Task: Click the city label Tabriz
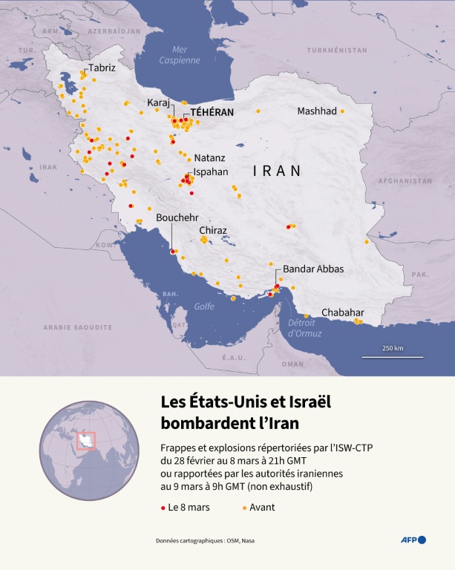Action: point(102,68)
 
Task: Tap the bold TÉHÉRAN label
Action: point(212,113)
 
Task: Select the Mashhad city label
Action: point(317,111)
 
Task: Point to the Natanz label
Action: point(209,159)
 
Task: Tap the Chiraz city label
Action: point(213,231)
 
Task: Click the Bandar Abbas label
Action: point(313,269)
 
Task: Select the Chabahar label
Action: point(343,312)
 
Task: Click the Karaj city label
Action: point(159,102)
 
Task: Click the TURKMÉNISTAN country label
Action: point(338,50)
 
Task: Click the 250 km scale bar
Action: point(393,356)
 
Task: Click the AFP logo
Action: point(413,540)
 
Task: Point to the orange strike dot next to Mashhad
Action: point(343,111)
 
